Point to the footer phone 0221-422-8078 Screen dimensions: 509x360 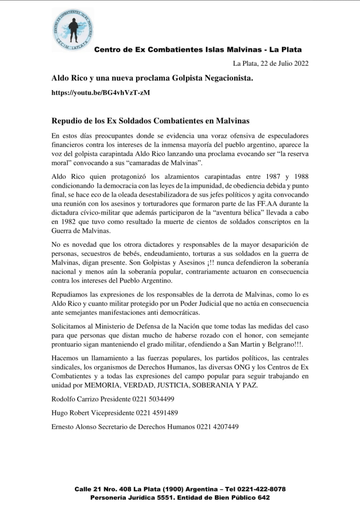coord(258,489)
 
